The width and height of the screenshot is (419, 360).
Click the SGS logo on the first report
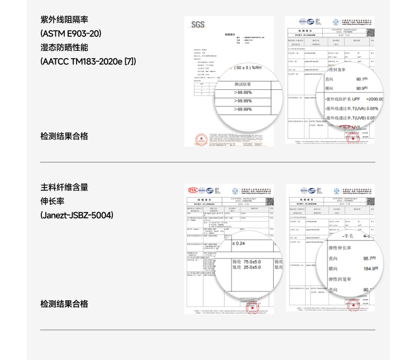[x=198, y=25]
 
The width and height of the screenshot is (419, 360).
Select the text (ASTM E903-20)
[x=71, y=33]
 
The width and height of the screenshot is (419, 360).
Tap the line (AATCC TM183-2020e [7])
[x=88, y=61]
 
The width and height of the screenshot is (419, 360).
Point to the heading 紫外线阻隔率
[x=64, y=20]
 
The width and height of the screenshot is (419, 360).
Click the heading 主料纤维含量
[x=64, y=187]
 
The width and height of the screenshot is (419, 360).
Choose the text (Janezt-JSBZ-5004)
[x=77, y=215]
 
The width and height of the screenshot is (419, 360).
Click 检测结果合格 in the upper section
[x=64, y=136]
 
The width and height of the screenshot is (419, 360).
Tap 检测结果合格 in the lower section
[x=64, y=304]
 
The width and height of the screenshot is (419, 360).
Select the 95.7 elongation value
[x=369, y=258]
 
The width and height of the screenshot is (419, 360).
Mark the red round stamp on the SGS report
[x=199, y=139]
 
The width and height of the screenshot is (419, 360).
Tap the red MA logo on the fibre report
[x=193, y=190]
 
